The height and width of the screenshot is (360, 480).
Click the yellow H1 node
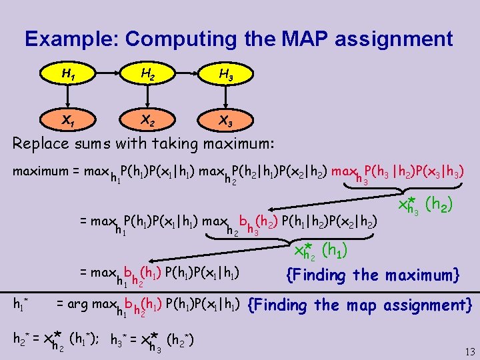click(67, 75)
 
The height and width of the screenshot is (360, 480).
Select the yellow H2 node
click(147, 75)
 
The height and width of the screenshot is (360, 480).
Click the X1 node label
click(67, 121)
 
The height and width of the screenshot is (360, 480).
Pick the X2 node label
click(147, 121)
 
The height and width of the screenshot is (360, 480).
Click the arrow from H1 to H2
click(107, 75)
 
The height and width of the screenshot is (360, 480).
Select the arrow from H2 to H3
click(187, 75)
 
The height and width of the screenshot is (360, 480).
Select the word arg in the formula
click(77, 304)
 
